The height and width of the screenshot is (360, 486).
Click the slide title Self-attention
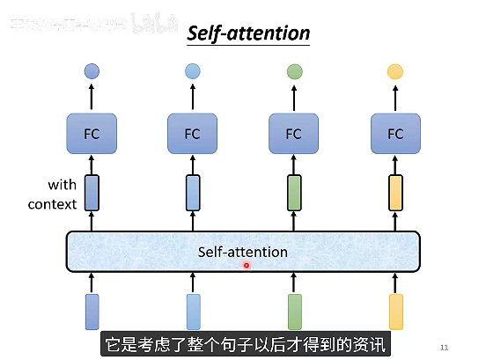point(248,34)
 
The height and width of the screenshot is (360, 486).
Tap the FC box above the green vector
point(294,134)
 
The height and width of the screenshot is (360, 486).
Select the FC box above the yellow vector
point(395,134)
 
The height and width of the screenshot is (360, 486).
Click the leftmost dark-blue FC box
point(92,134)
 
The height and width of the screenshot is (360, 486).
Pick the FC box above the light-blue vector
point(193,134)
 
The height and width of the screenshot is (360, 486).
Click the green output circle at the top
point(294,71)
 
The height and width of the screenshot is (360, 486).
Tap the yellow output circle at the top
point(395,71)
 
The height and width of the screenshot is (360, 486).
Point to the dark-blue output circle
point(92,71)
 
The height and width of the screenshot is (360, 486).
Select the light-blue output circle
point(193,71)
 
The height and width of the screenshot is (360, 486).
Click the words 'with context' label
point(52,195)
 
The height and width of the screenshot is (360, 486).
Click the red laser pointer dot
point(247,265)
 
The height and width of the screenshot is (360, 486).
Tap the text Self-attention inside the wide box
point(243,252)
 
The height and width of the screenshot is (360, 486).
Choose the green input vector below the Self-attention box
point(294,312)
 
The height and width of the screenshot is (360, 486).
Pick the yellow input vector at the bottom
point(395,312)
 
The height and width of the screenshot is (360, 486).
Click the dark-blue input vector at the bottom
point(92,312)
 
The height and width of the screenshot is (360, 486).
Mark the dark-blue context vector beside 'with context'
point(92,193)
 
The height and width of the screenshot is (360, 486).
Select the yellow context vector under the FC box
point(395,193)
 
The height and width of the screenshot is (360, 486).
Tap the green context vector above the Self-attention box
point(294,193)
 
